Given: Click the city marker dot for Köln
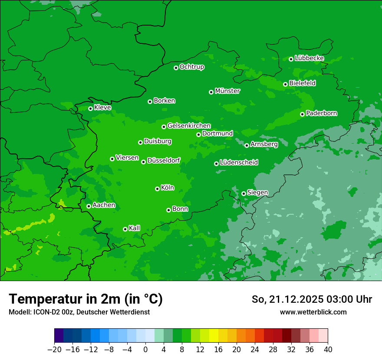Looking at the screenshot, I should point(157,189).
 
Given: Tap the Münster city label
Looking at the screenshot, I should point(227,91).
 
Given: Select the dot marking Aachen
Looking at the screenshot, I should point(89,206).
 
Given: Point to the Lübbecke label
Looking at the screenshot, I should point(309,58).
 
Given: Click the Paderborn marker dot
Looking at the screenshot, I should point(302,114).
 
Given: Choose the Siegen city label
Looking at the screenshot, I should point(257,193).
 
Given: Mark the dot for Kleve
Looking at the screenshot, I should point(90,108).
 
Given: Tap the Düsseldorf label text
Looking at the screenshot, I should point(164,160).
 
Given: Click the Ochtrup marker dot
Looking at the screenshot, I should point(176,67).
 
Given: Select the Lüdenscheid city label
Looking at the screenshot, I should point(239,163).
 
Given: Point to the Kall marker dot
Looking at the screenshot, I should point(125,229).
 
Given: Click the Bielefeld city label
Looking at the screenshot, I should point(302,83).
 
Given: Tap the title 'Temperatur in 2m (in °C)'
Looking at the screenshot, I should point(86,299).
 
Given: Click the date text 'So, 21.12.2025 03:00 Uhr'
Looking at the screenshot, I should point(312,299).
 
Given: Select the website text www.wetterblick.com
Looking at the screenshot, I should point(313,312).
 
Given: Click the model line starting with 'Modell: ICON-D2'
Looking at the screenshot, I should point(79,312).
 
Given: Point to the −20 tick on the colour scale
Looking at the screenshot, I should point(55,349).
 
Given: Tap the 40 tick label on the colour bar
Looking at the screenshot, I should point(328,349).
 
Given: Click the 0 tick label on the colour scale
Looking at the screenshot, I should point(145,349).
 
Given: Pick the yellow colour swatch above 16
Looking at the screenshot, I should point(214,336).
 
